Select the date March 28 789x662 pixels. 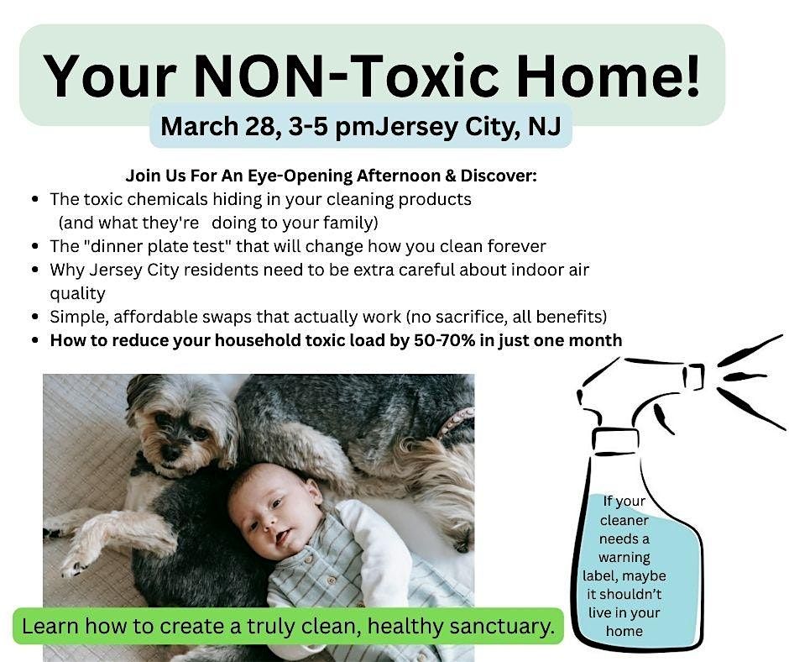coord(218,126)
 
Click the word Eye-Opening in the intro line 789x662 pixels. coord(300,176)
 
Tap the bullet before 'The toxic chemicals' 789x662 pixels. coord(34,199)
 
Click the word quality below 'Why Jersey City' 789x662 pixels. coord(77,293)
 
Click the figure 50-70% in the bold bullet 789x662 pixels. coord(444,340)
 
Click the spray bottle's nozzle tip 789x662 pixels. coord(694,377)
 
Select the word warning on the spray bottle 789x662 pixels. coord(624,558)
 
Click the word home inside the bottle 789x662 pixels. coord(624,631)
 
